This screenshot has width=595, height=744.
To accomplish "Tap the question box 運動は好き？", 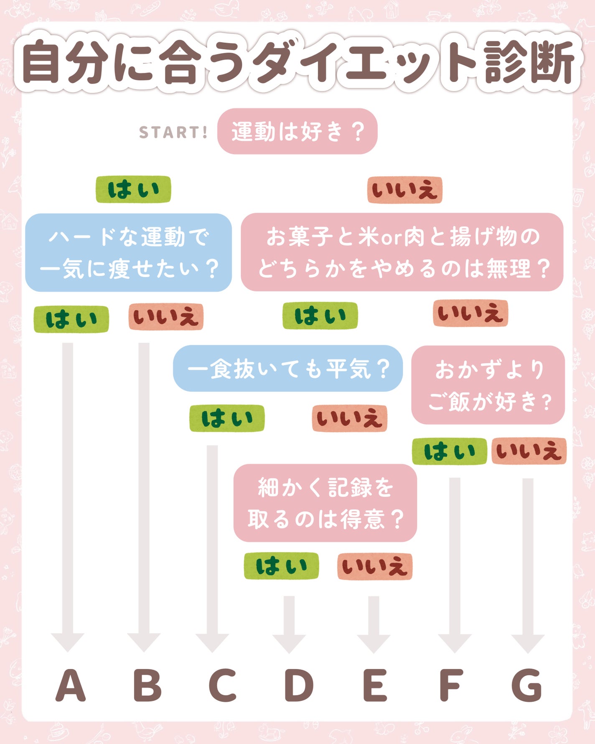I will point(297,131).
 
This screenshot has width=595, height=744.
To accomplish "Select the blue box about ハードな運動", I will point(129,252).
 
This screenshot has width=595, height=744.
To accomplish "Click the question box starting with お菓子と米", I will point(402,252).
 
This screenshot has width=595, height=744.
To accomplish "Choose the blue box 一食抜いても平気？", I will point(288,368).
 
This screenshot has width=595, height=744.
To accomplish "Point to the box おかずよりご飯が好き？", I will point(488,385).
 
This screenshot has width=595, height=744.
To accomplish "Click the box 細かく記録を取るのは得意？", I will point(325,503).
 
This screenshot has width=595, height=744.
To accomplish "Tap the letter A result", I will point(70,685).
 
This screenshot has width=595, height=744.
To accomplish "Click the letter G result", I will point(527,685).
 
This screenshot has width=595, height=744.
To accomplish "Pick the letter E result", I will point(375,685).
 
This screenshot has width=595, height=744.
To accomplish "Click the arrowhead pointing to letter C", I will point(212,642).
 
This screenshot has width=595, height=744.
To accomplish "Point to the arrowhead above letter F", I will point(455,643).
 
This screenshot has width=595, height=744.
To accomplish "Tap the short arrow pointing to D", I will point(289,623).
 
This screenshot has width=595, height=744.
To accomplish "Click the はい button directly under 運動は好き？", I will point(133,189).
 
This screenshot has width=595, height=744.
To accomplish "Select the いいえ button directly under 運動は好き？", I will point(404,190).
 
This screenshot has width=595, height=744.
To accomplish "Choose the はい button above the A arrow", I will point(71,319).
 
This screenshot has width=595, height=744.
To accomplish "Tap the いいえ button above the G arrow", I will point(529,451).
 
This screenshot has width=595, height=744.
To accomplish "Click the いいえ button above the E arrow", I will point(375,566).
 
